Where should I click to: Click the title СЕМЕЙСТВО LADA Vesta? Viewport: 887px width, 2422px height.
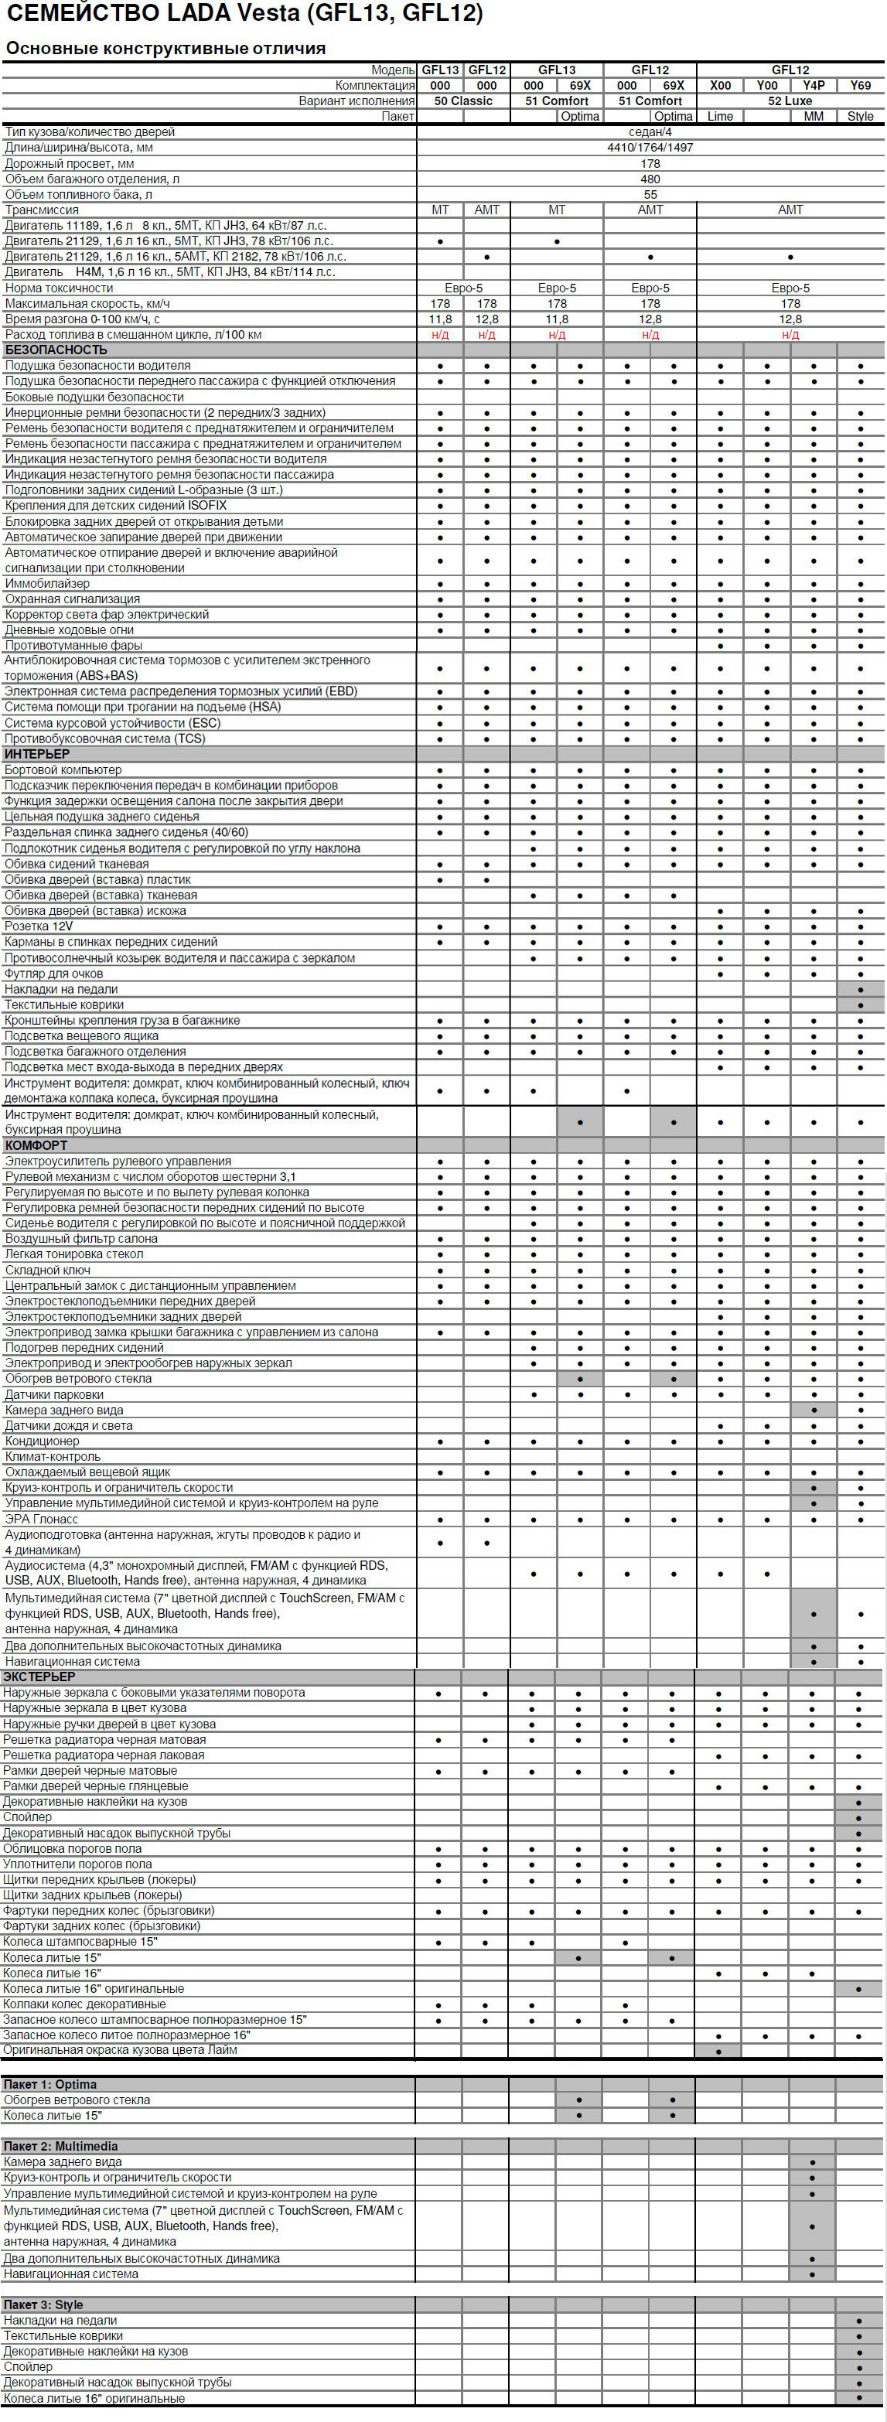tap(244, 14)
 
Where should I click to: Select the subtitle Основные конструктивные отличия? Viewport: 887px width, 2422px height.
tap(165, 48)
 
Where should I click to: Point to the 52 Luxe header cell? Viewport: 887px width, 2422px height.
tap(790, 101)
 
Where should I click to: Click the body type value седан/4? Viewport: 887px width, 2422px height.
tap(650, 132)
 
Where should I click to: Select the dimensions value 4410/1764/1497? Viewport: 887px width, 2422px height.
tap(650, 148)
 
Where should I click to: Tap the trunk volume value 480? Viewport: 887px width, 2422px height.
tap(650, 179)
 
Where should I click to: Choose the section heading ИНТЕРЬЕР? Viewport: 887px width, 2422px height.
tap(38, 754)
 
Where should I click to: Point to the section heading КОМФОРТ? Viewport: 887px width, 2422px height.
tap(36, 1145)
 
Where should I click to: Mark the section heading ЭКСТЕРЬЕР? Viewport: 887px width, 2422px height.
tap(39, 1677)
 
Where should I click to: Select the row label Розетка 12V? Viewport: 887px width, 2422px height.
tap(39, 926)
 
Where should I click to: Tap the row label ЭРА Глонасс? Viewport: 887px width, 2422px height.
tap(42, 1519)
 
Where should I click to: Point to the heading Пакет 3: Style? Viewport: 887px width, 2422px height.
tap(43, 2304)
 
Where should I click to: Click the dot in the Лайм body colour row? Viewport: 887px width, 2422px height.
tap(719, 2051)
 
